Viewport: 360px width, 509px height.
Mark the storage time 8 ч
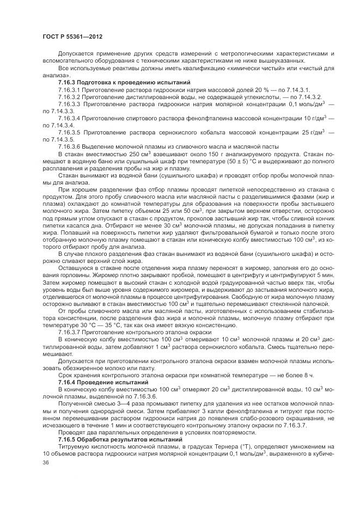309,376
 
